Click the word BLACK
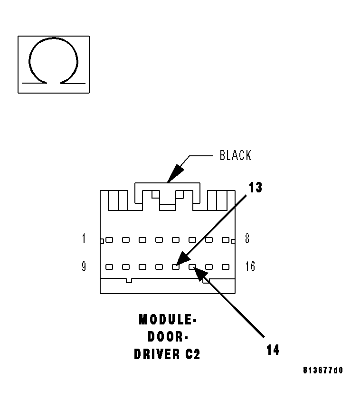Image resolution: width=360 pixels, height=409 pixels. tap(235, 155)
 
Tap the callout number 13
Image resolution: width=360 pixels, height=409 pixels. tap(255, 188)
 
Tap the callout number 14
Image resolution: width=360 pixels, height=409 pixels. tap(273, 350)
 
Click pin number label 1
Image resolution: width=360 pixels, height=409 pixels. tap(84, 238)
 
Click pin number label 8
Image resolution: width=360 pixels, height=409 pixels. tap(247, 238)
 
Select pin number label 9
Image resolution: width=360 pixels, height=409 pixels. tap(84, 266)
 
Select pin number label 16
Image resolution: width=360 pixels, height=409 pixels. tap(250, 266)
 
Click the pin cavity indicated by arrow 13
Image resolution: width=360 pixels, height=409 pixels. tap(176, 267)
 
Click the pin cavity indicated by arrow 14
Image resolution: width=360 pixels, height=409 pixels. tap(192, 267)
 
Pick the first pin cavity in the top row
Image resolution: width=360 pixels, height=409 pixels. tap(109, 240)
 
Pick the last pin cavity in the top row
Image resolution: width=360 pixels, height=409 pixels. tap(226, 240)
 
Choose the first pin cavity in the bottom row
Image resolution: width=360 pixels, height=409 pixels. tap(109, 267)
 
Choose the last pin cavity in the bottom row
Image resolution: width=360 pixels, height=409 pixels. tap(226, 267)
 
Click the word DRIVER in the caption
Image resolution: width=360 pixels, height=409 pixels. tap(155, 354)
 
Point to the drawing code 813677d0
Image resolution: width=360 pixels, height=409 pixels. tap(322, 371)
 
